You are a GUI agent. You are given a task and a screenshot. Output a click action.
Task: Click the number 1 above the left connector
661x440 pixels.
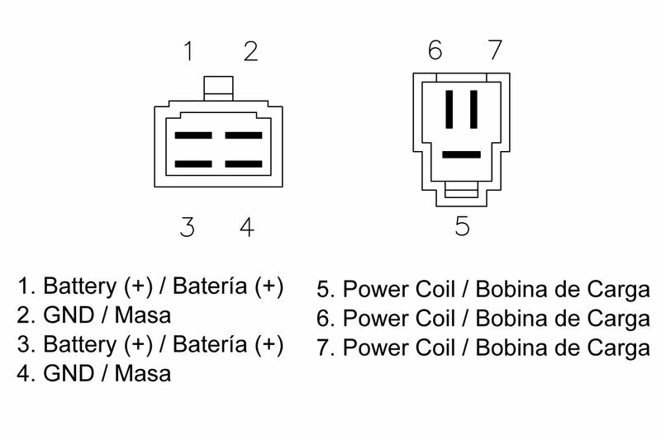[x=188, y=51]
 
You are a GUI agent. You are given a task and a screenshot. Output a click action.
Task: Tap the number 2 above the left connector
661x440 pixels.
[x=251, y=51]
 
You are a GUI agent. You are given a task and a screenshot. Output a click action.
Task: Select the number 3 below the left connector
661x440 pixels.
[x=188, y=227]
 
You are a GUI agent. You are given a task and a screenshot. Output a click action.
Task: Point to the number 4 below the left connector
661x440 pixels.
[x=247, y=227]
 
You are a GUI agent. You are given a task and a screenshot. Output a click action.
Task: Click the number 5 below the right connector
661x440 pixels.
[x=462, y=225]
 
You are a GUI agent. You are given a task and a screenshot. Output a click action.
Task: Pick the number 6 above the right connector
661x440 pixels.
[x=435, y=50]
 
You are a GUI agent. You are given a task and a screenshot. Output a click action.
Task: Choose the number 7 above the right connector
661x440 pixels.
[x=495, y=50]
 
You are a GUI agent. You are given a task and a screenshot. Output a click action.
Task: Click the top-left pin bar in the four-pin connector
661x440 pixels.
[x=193, y=135]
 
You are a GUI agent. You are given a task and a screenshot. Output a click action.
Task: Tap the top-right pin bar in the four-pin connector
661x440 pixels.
[x=244, y=135]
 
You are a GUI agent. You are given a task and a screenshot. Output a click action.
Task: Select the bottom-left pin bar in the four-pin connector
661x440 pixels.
[x=193, y=163]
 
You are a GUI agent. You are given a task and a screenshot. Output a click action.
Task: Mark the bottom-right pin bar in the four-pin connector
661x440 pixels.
[x=244, y=163]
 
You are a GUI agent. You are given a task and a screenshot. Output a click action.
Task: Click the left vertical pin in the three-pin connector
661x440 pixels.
[x=449, y=110]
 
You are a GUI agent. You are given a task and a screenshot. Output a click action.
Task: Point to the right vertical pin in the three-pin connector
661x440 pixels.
[x=473, y=110]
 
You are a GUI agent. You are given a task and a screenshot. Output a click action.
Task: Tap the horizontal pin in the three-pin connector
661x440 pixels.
[x=462, y=154]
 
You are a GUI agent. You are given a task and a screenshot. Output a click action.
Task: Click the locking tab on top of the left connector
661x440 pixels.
[x=218, y=88]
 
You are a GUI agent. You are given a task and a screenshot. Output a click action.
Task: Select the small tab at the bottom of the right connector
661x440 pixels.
[x=462, y=190]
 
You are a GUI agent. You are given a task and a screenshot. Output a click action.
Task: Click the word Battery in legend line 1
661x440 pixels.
[x=79, y=286]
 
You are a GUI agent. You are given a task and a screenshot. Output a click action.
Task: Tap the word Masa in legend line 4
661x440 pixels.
[x=142, y=374]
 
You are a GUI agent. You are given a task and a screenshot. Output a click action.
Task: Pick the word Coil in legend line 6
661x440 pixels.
[x=435, y=319]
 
